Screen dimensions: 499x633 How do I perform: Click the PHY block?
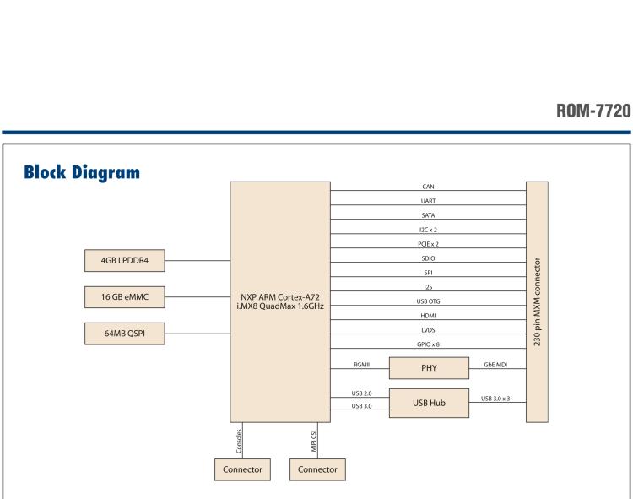429,368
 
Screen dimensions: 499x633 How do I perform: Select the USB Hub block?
429,402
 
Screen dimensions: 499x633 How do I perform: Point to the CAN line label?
428,187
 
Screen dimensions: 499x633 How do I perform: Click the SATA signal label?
428,215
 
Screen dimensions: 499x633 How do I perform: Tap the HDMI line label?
428,315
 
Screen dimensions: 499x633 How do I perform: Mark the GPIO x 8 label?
428,344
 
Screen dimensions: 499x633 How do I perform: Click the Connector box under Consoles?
242,469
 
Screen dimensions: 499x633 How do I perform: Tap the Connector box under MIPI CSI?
317,469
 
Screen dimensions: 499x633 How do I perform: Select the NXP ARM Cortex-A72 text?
279,297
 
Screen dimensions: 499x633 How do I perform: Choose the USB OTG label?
428,301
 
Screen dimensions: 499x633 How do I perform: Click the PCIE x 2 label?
428,244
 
